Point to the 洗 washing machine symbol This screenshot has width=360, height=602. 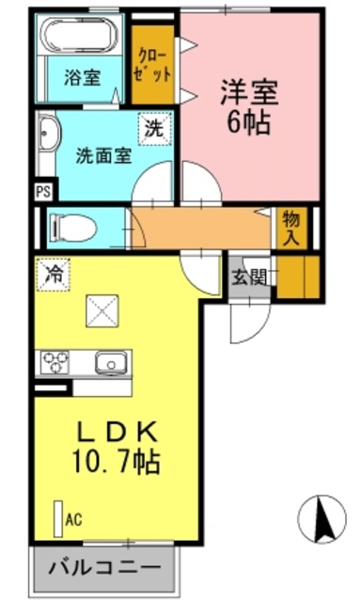click(152, 130)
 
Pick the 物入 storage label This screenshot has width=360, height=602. click(290, 228)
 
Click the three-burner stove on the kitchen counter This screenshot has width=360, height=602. click(55, 361)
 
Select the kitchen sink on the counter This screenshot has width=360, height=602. click(110, 361)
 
